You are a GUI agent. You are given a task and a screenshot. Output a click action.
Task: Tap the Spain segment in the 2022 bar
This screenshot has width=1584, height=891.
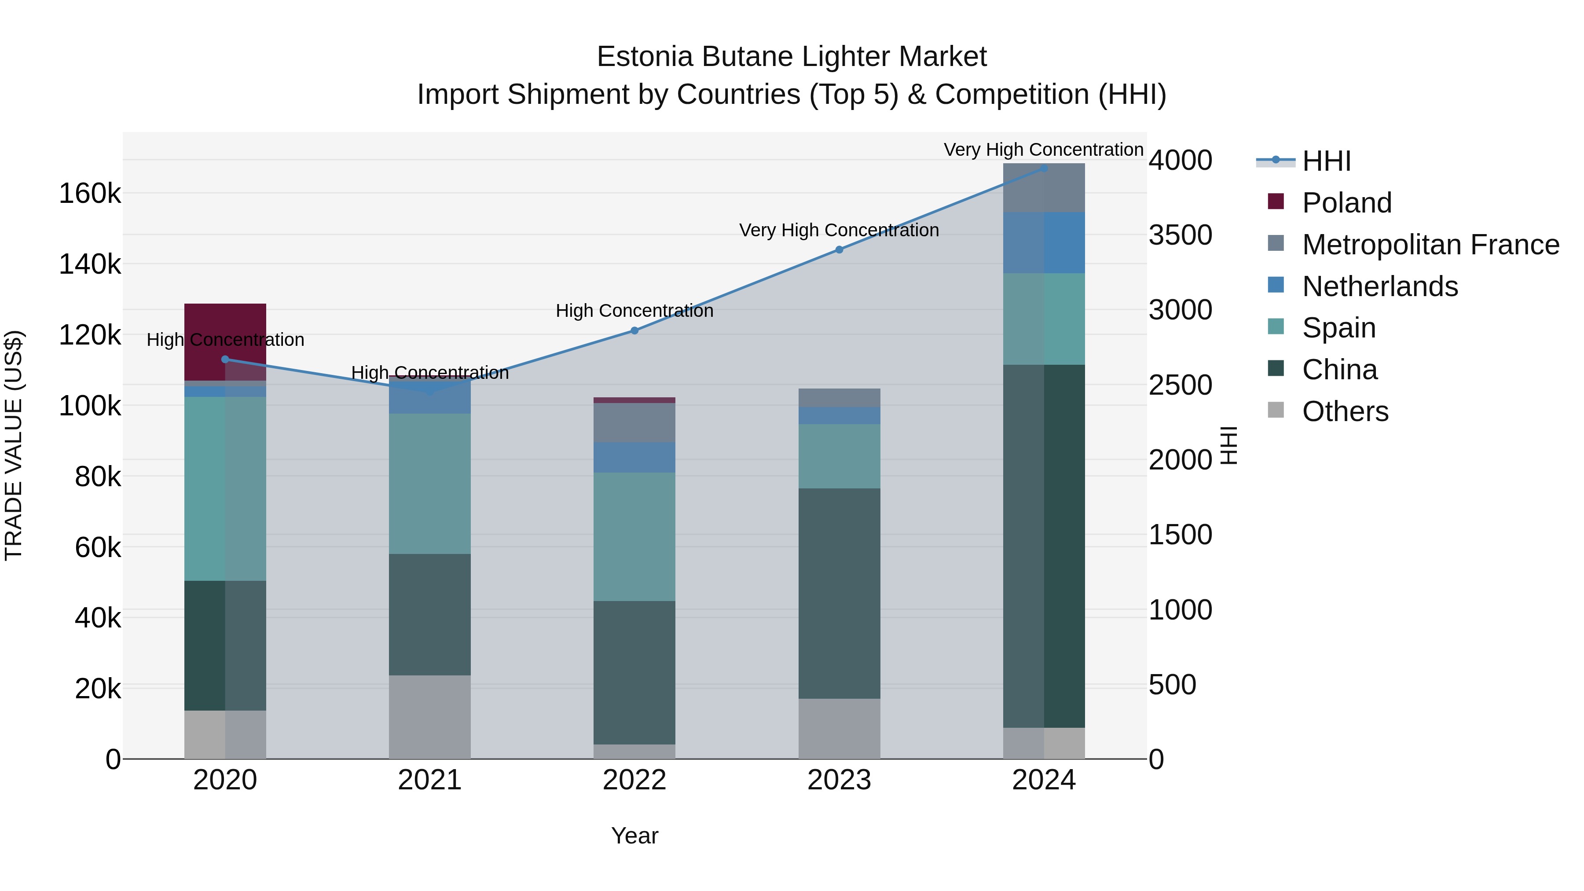click(634, 536)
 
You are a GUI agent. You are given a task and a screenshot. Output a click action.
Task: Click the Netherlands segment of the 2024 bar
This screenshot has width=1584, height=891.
click(1044, 242)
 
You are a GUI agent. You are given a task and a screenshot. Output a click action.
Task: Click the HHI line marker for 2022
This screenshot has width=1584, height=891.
click(634, 331)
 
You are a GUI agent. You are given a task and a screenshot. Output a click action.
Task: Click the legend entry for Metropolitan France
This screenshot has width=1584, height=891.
click(1430, 245)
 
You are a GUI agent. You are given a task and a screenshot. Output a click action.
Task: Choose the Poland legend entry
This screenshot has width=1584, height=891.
click(1347, 203)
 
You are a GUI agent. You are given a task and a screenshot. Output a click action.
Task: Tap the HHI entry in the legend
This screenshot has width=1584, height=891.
click(1326, 161)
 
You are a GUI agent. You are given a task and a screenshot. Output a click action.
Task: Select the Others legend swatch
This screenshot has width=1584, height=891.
click(1276, 410)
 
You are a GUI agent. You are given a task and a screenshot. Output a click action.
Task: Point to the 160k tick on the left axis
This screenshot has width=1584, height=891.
click(90, 194)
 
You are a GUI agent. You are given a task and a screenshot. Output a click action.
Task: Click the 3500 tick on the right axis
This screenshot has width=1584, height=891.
click(1180, 235)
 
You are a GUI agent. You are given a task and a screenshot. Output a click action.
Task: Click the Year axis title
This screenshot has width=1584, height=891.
click(634, 836)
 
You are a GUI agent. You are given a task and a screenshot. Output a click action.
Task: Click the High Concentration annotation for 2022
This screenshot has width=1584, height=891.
click(634, 311)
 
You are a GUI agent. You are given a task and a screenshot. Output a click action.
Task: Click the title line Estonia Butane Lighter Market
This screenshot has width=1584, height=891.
click(792, 57)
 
